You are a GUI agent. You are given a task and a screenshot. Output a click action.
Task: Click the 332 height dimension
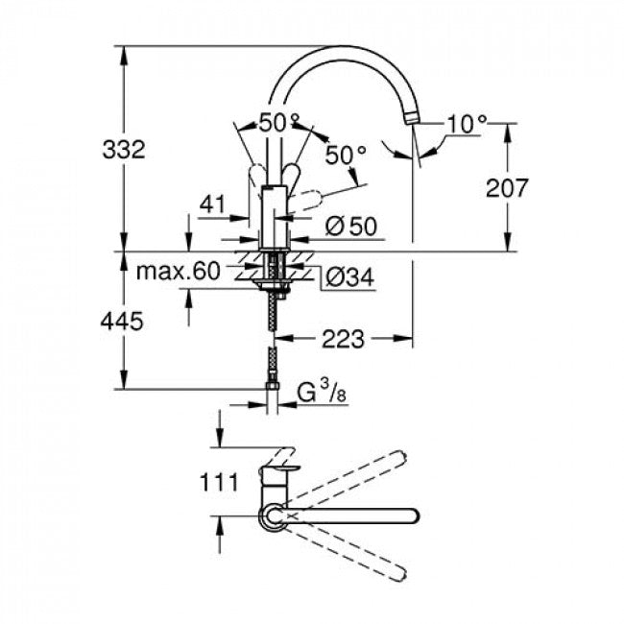[x=124, y=150]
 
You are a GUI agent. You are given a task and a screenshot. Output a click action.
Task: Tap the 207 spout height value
[x=507, y=187]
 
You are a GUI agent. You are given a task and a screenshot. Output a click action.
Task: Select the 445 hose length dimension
[x=122, y=322]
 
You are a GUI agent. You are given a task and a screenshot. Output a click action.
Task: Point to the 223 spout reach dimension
[x=344, y=338]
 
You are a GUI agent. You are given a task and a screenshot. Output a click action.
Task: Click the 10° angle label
[x=467, y=123]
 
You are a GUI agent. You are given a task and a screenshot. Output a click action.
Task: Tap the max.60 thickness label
[x=178, y=272]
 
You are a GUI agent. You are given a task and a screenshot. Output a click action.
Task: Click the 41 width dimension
[x=212, y=204]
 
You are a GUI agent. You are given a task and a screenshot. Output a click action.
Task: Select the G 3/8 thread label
[x=320, y=392]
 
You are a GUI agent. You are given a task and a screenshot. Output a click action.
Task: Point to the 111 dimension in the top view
[x=220, y=482]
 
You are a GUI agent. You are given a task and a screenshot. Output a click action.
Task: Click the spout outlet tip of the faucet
[x=412, y=116]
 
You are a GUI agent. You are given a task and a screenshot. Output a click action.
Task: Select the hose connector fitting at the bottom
[x=274, y=388]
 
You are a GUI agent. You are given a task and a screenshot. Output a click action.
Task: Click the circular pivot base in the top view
[x=272, y=517]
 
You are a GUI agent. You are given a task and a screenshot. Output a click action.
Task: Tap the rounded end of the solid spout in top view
[x=411, y=515]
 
